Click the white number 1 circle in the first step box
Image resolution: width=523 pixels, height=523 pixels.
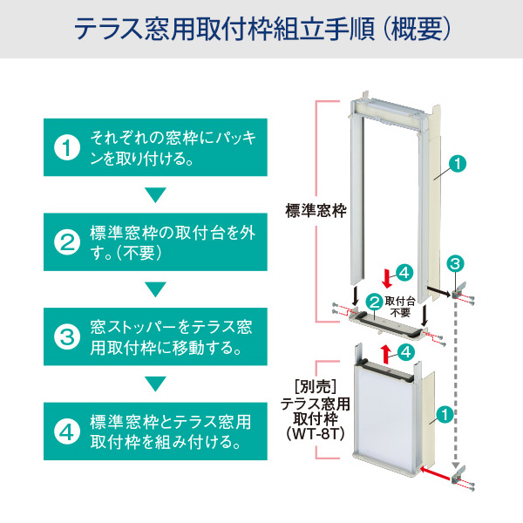click(x=68, y=148)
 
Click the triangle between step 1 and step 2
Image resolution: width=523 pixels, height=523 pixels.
click(x=155, y=194)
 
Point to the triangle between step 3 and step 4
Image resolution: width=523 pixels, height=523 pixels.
click(x=155, y=383)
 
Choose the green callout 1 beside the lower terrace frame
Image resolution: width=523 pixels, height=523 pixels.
click(x=445, y=416)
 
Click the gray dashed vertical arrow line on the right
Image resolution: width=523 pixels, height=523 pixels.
click(x=455, y=384)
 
